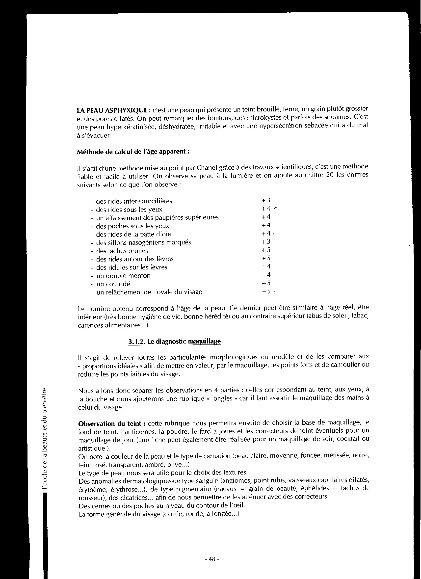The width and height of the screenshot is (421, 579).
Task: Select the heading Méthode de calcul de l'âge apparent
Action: (133, 151)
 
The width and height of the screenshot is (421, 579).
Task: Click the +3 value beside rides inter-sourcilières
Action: (266, 200)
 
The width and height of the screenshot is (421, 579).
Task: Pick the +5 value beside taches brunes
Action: (266, 250)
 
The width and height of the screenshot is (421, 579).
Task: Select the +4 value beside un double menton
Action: (266, 275)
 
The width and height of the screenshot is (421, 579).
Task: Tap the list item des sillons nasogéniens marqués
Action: (143, 242)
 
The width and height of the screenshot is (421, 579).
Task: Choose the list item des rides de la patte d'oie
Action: (133, 234)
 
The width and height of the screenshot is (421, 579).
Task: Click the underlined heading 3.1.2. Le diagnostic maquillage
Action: (174, 342)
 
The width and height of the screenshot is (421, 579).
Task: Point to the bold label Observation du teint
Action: (112, 424)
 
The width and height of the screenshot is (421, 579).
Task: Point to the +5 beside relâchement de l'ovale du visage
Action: (266, 291)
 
